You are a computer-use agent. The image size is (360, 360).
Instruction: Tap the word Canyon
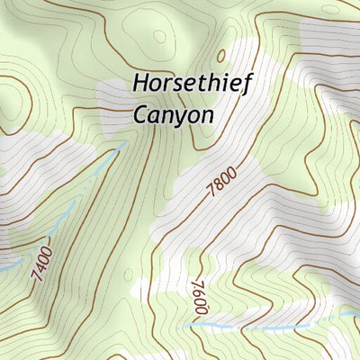(173, 115)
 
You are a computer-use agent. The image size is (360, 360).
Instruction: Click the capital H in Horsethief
(141, 83)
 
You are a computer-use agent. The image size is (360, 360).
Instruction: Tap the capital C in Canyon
(140, 114)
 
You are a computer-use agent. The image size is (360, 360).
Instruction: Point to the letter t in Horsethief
(202, 84)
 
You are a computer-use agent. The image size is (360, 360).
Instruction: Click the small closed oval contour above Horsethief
(160, 37)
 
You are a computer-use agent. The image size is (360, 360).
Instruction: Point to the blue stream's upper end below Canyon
(121, 145)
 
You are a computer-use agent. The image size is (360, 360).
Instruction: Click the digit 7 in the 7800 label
(212, 191)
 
